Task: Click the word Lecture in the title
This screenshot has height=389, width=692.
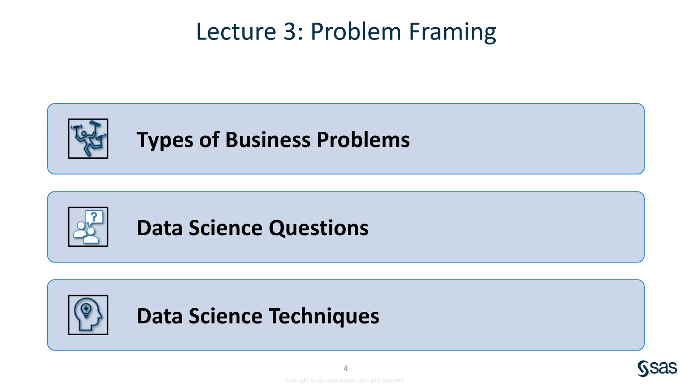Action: click(x=236, y=31)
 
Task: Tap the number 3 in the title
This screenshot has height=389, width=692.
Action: click(x=290, y=31)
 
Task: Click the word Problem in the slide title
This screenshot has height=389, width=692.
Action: click(x=355, y=31)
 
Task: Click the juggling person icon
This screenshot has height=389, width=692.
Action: click(x=88, y=138)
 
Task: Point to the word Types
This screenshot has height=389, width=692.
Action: click(x=165, y=140)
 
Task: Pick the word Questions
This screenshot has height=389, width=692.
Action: click(x=318, y=228)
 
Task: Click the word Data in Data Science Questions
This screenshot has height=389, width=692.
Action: click(x=159, y=228)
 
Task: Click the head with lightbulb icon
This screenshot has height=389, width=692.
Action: click(x=88, y=315)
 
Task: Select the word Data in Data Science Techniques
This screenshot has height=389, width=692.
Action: click(x=159, y=316)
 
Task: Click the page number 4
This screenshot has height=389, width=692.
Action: click(x=346, y=368)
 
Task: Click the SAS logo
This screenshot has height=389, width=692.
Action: click(x=657, y=368)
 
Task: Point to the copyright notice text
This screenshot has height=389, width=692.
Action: click(x=345, y=381)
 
